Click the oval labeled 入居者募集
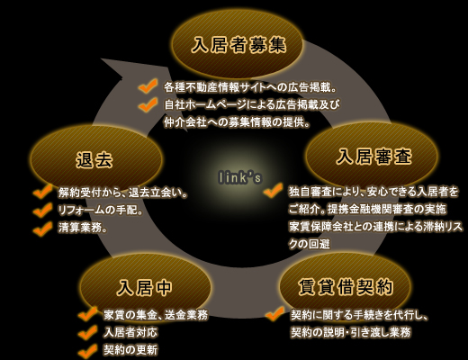click(238, 46)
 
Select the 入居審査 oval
click(372, 157)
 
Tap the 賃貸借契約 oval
click(345, 287)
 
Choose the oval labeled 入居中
click(145, 287)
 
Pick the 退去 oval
click(96, 159)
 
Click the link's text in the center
click(239, 177)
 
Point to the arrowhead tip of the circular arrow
click(102, 59)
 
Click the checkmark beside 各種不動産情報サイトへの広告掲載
click(148, 86)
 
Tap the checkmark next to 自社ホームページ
click(148, 104)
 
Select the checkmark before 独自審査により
click(274, 190)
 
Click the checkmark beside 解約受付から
click(42, 192)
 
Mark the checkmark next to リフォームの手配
click(42, 210)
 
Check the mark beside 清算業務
click(42, 229)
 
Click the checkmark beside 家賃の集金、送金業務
click(87, 314)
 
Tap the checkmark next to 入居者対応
click(87, 332)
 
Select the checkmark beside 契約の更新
click(87, 350)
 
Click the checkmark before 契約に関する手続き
click(275, 313)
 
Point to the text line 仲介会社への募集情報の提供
click(237, 122)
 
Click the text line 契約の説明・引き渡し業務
click(350, 332)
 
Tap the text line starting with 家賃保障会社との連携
click(375, 227)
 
